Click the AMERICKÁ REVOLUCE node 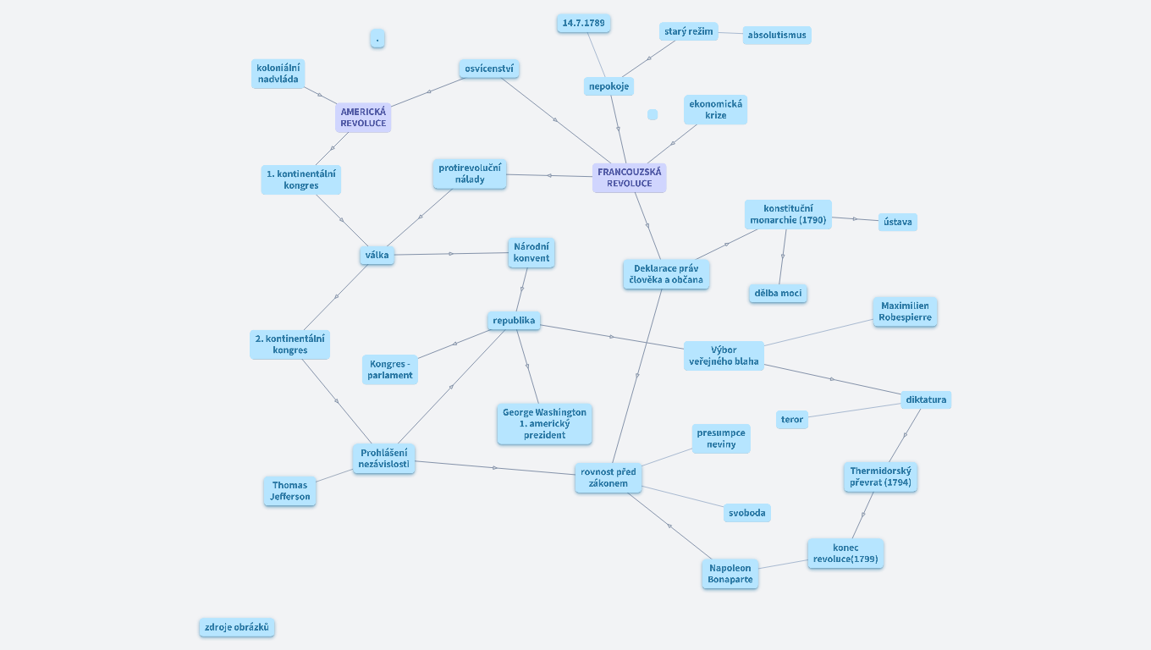point(363,117)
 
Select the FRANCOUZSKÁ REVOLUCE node point(629,178)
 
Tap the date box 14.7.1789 point(584,23)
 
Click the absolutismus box point(777,35)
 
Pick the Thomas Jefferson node point(289,491)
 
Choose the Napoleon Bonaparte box point(730,574)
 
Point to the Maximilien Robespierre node point(905,311)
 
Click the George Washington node point(544,424)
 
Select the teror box point(792,419)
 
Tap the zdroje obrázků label point(237,627)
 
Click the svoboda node point(746,513)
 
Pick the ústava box point(897,222)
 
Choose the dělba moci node point(778,293)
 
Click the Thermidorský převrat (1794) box point(880,476)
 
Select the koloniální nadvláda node point(278,74)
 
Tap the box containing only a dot point(377,38)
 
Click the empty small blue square point(653,114)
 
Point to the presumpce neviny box point(721,438)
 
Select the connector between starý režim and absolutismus point(730,33)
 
